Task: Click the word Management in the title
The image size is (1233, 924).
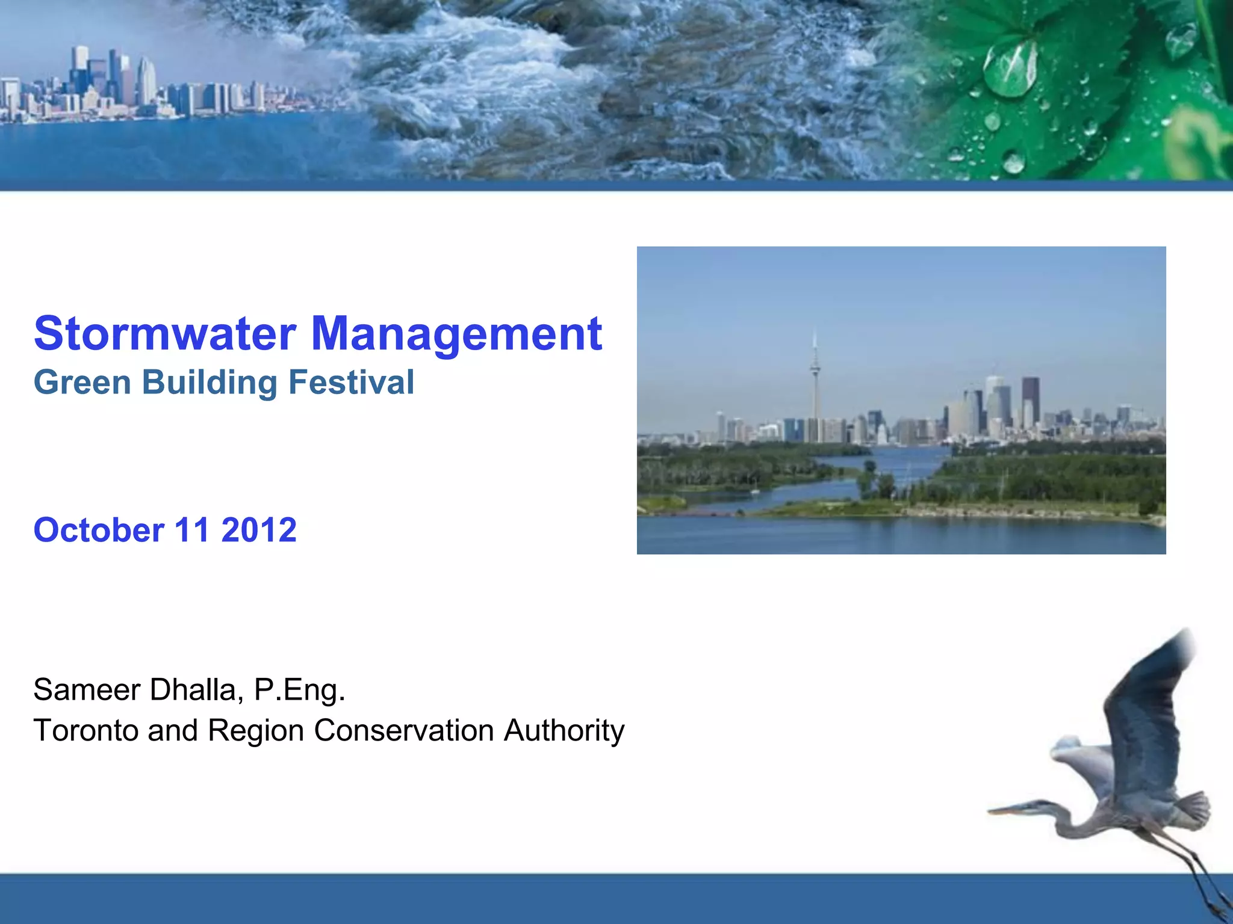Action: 456,334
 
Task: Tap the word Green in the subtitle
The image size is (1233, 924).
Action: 82,383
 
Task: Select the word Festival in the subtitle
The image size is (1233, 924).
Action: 352,383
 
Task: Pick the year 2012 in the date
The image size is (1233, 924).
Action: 259,530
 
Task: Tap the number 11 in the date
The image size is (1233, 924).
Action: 192,530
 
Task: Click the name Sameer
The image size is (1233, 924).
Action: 87,689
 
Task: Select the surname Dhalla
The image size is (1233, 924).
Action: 196,689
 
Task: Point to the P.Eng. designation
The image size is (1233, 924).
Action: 299,691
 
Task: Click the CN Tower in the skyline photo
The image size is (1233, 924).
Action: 815,385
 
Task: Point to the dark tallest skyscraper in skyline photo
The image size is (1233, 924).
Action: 1030,400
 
